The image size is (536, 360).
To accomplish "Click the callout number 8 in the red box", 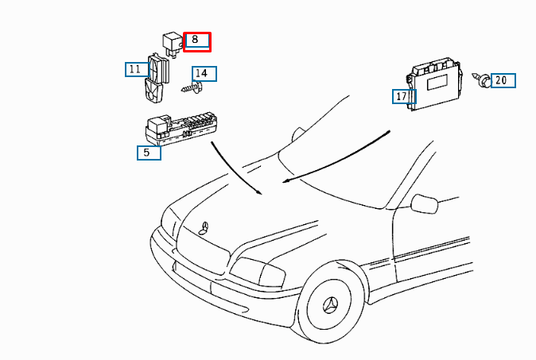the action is click(195, 39).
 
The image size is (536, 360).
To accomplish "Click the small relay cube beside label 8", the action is click(173, 45).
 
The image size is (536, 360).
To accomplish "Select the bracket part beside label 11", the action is click(156, 78).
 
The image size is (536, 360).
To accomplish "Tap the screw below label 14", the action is click(191, 88).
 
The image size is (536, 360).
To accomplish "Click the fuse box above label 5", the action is click(181, 130).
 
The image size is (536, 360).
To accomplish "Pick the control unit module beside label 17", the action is click(435, 83).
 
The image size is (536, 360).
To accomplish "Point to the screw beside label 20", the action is click(481, 80).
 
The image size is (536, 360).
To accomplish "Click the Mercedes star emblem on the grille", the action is click(204, 228).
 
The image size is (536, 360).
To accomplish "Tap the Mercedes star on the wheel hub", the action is click(331, 305).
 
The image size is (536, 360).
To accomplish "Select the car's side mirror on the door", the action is click(425, 203).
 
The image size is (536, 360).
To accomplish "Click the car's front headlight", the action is click(258, 272).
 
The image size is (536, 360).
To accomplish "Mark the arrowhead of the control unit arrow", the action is click(285, 180).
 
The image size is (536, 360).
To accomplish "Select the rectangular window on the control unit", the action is click(437, 82).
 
